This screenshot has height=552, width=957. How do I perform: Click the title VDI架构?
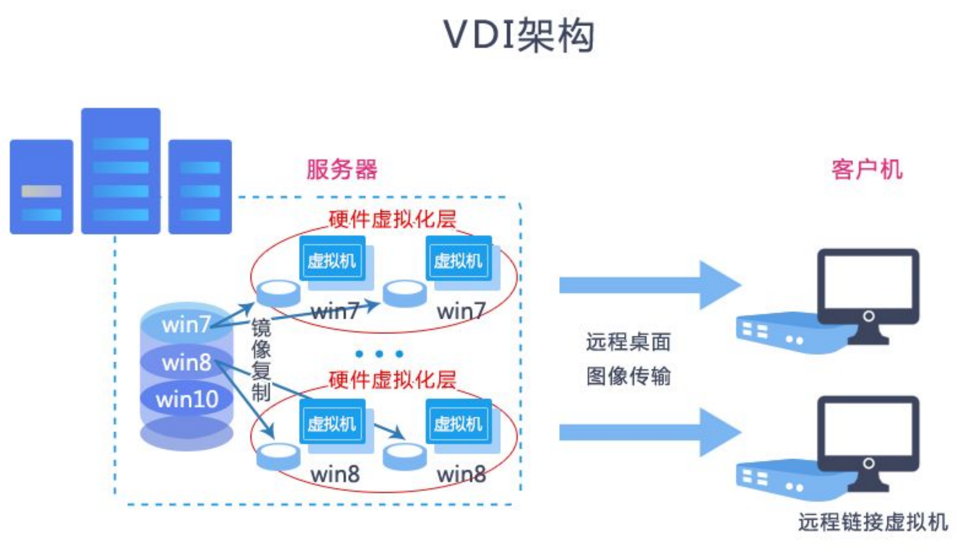coord(518,35)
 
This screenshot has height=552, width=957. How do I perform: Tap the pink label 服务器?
coord(342,169)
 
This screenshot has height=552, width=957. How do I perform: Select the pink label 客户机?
coord(867,169)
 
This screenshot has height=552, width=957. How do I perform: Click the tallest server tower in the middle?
coord(120,171)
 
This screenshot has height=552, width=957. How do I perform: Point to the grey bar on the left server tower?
coord(41,191)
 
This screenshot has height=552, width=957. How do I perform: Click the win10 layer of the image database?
coord(187,399)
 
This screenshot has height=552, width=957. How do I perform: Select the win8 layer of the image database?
coord(187,362)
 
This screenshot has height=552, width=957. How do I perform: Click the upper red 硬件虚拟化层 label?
coord(392,219)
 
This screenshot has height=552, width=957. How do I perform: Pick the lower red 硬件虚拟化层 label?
coord(392,380)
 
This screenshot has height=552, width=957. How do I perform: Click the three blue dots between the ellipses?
coord(379,353)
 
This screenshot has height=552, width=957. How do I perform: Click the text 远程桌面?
coord(628,342)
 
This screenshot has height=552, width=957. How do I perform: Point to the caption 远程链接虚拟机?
coord(873,522)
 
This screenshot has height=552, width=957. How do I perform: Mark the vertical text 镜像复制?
coord(261,360)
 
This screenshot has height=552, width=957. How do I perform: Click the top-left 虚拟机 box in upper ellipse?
coord(332,261)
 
